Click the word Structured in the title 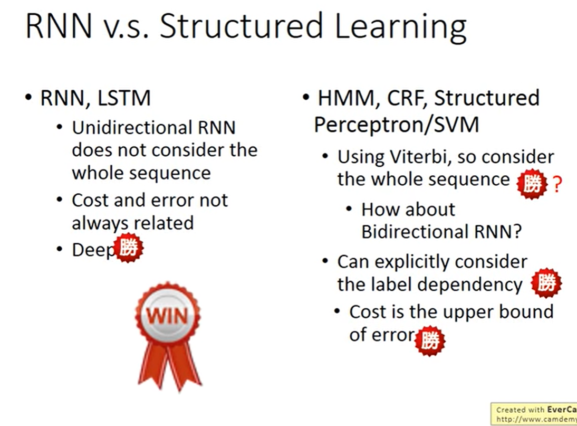(241, 26)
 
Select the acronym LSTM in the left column (124, 98)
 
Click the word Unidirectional (131, 128)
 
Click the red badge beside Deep (128, 248)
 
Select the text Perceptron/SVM (397, 125)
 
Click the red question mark (557, 184)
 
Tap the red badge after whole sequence (532, 184)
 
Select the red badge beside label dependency (546, 283)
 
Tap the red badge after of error (430, 340)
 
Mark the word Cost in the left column (91, 201)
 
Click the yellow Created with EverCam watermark (534, 414)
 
